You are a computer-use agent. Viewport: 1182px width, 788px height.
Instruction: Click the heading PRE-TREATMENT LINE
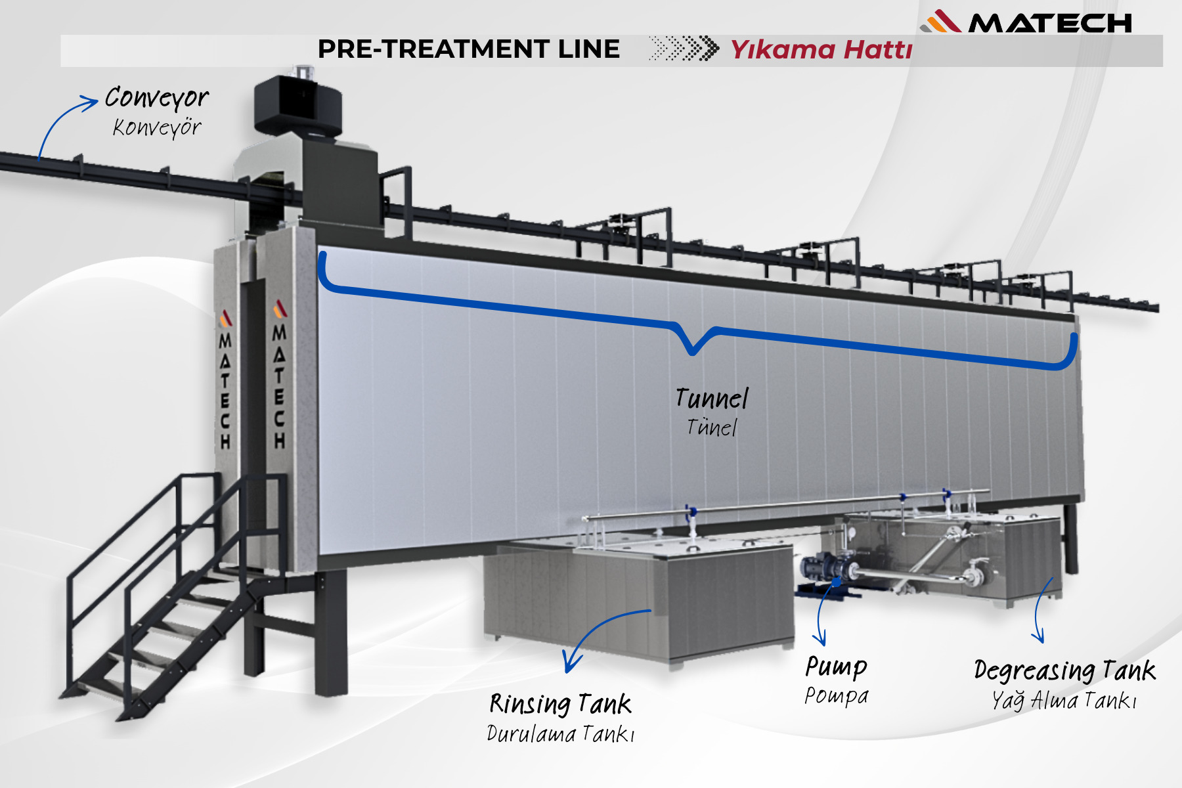point(468,49)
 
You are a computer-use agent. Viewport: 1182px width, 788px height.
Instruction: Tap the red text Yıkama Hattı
point(821,50)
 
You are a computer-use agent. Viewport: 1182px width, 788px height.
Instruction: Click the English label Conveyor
point(156,98)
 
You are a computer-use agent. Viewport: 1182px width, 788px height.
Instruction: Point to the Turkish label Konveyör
point(156,127)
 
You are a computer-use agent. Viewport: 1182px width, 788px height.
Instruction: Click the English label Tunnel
point(712,399)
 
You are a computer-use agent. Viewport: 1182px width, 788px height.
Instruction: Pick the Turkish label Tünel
point(712,427)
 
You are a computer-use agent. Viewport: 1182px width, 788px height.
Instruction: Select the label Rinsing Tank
point(560,704)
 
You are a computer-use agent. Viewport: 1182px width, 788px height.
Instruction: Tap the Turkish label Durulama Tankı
point(560,733)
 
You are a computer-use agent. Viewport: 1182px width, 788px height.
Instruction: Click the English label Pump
point(836,667)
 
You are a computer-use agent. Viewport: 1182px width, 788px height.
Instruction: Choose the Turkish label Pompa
point(836,695)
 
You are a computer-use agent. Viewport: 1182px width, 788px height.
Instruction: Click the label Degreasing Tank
point(1064,670)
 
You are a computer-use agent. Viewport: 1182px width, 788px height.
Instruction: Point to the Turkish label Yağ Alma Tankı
point(1064,701)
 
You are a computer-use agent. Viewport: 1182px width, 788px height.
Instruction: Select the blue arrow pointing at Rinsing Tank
point(601,634)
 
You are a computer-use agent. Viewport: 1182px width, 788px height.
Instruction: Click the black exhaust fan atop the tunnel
point(297,105)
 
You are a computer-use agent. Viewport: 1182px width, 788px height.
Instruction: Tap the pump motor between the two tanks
point(824,569)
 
